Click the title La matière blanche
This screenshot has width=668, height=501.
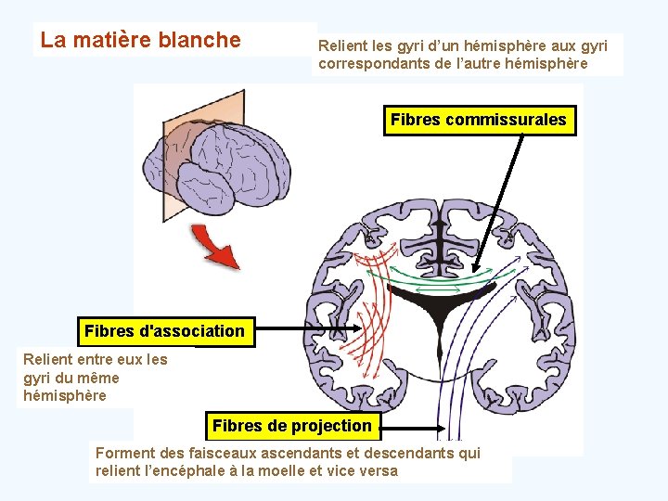click(x=140, y=40)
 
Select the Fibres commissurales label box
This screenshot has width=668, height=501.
click(x=479, y=121)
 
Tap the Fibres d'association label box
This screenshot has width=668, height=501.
click(x=165, y=331)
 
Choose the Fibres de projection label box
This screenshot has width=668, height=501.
click(x=292, y=426)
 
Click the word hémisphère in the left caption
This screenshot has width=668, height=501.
click(x=65, y=396)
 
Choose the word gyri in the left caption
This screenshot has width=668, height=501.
click(x=37, y=378)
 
